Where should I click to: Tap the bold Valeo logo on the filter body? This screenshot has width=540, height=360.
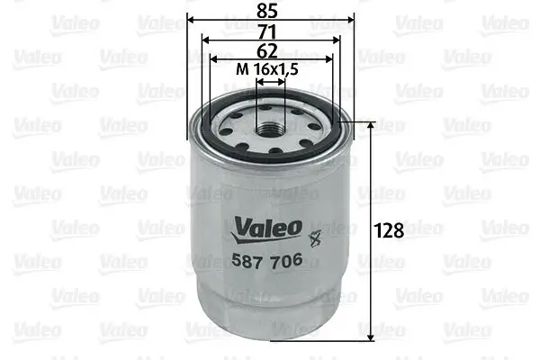pyautogui.click(x=268, y=228)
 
